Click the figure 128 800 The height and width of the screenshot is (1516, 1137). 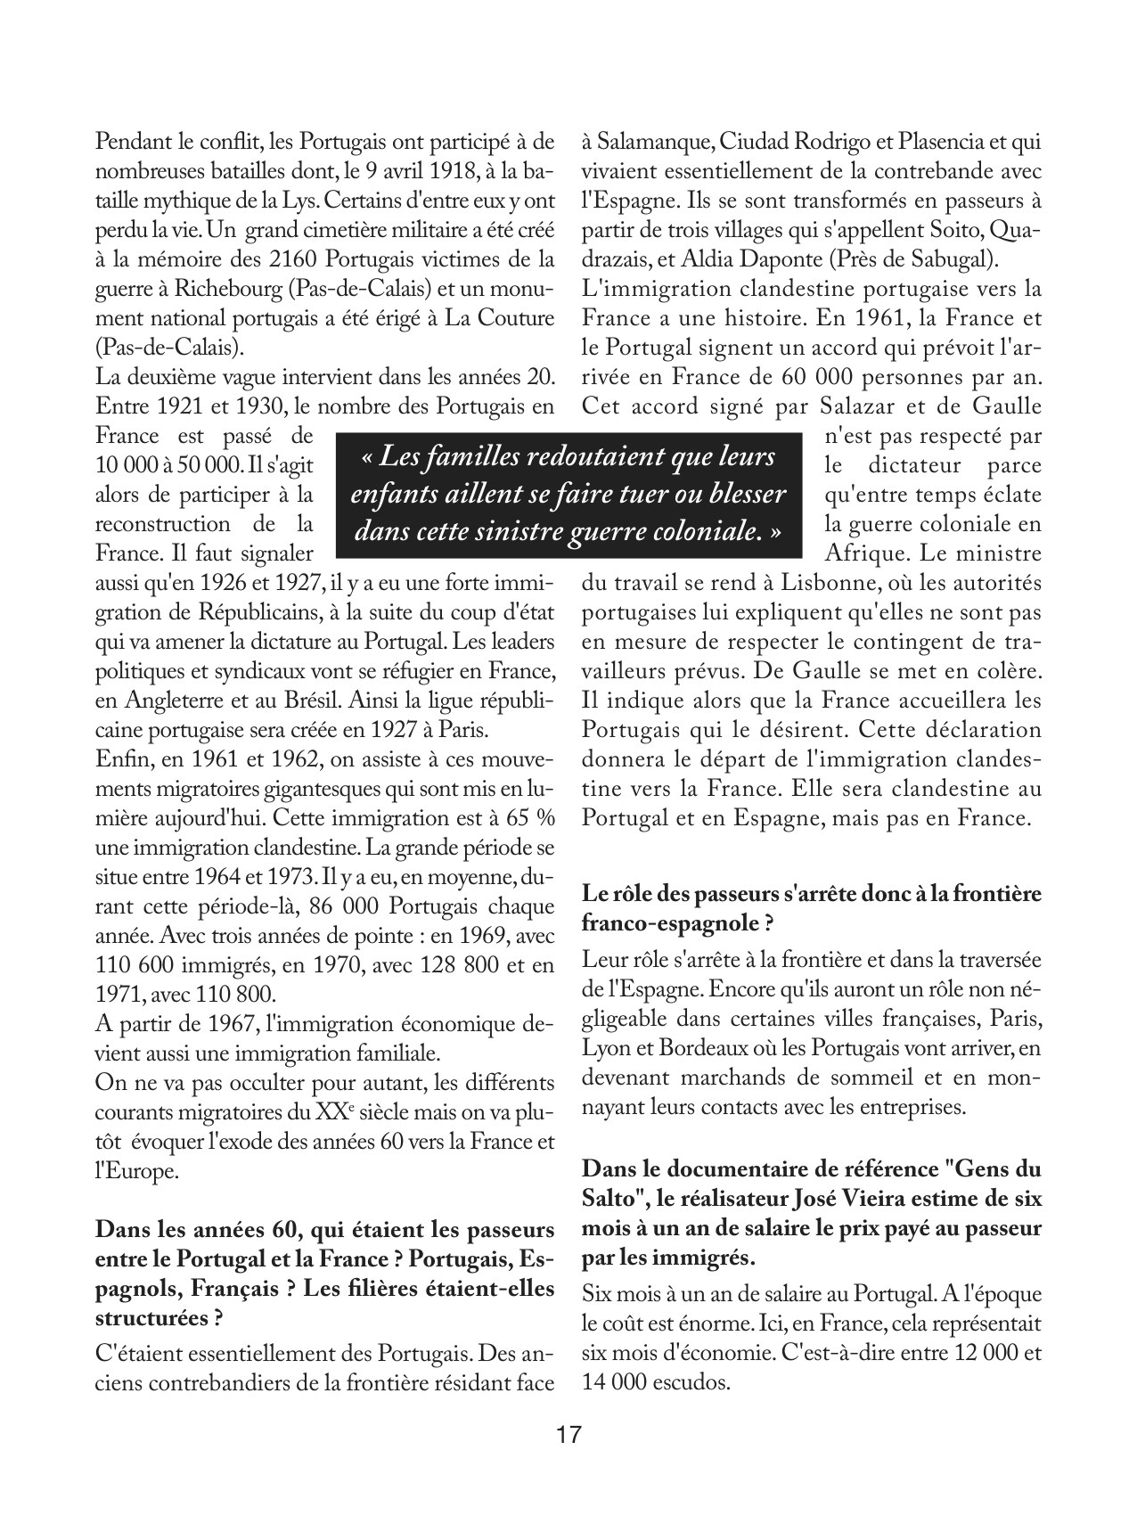424,964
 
